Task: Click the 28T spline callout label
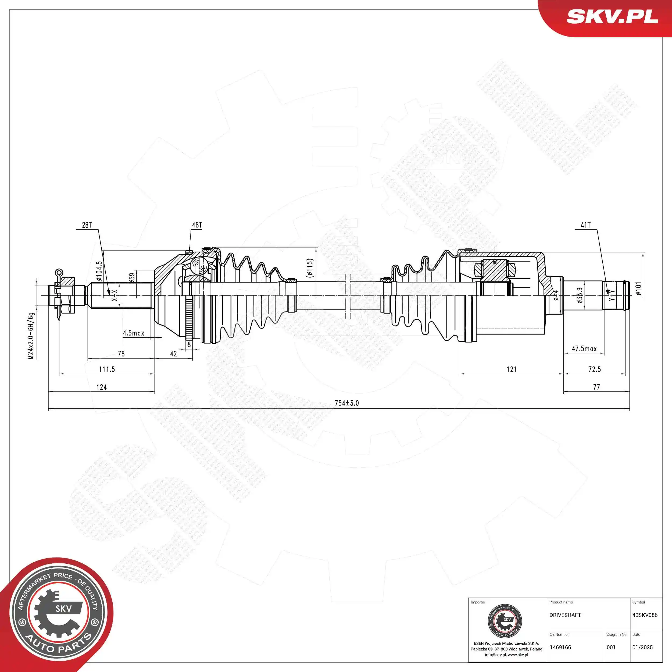tap(87, 225)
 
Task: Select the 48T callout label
tap(197, 225)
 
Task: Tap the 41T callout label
tap(585, 225)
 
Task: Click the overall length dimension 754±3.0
tap(346, 403)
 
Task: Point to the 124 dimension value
tap(102, 387)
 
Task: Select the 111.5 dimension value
tap(107, 369)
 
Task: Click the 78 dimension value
tap(121, 354)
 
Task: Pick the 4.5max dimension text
tap(133, 333)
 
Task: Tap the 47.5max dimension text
tap(584, 349)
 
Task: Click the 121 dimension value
tap(511, 369)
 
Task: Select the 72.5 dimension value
tap(594, 369)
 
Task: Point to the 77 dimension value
tap(596, 387)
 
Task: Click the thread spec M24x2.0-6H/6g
tap(31, 336)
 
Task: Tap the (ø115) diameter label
tap(310, 268)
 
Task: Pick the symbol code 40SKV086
tap(645, 615)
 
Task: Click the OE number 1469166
tap(560, 647)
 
